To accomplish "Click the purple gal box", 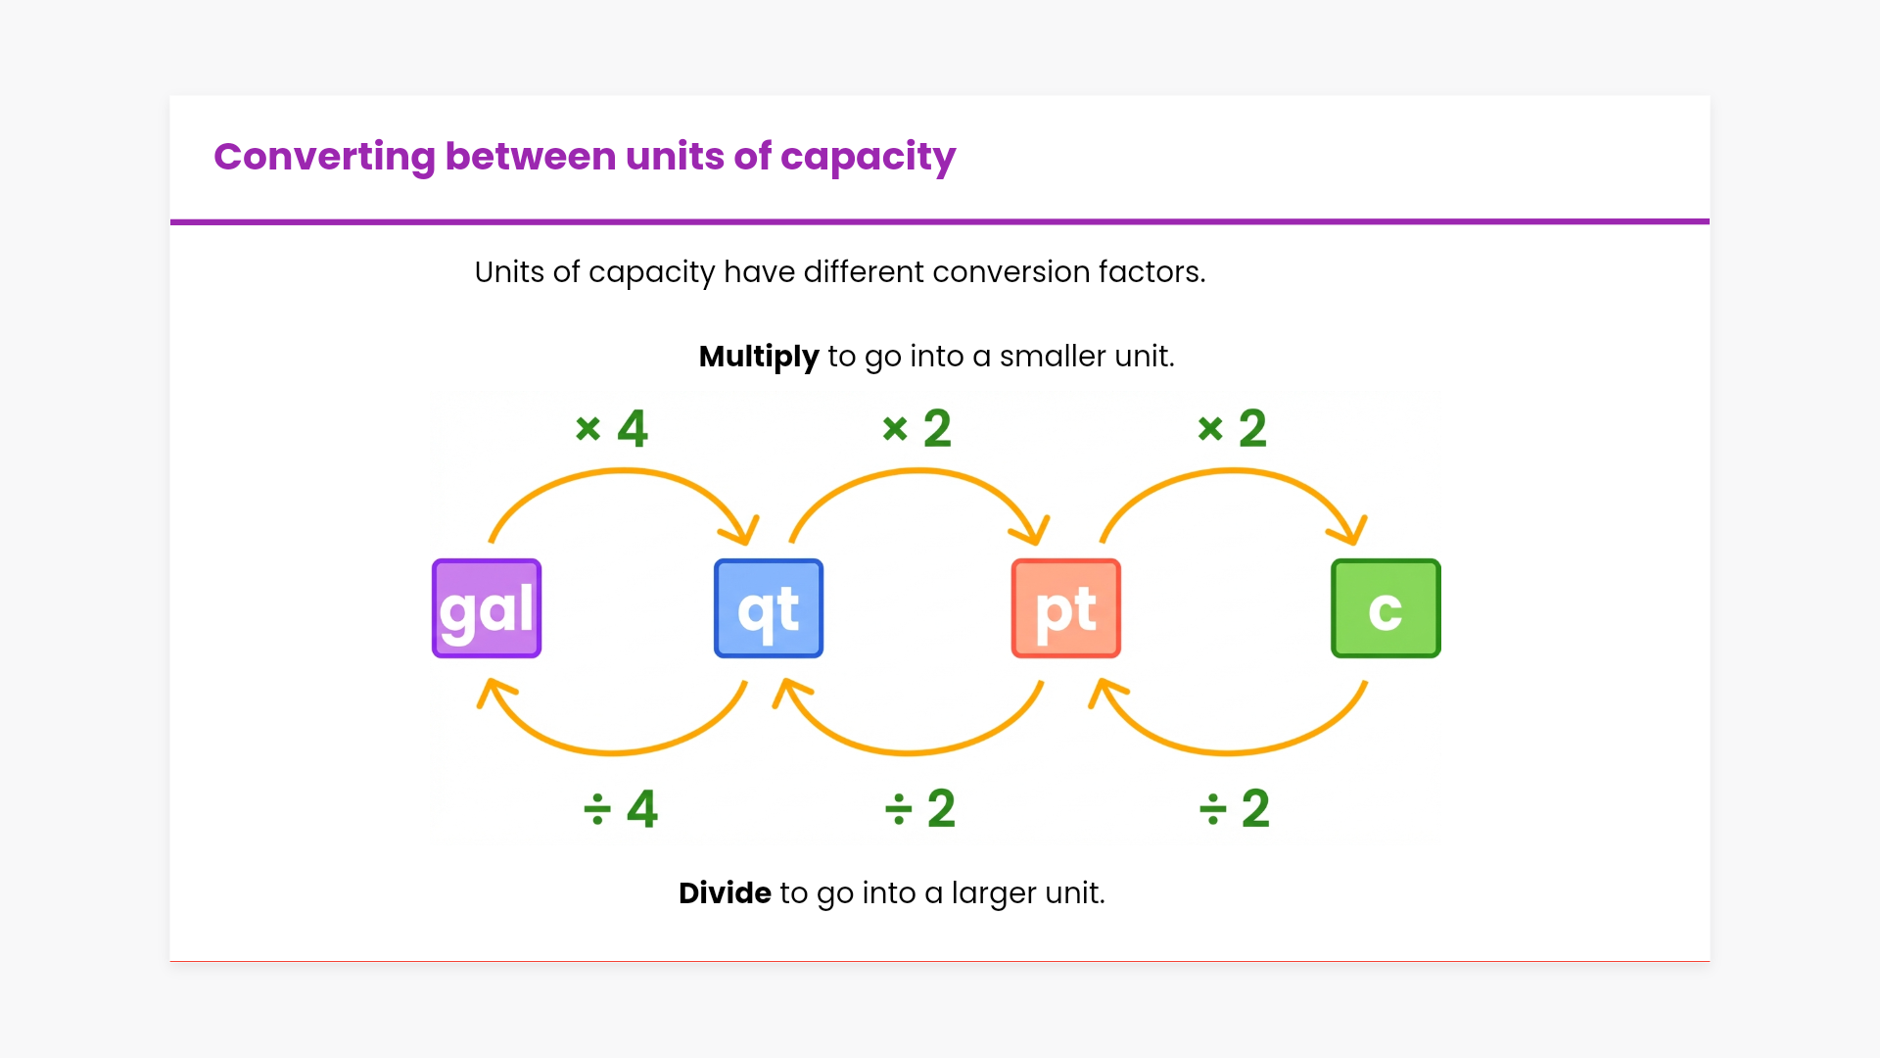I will pos(487,608).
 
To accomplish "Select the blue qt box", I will pos(769,608).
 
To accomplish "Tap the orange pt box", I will pos(1065,608).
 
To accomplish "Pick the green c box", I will pos(1386,608).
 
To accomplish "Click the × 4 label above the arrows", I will pos(612,428).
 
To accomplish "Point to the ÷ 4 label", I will pos(621,809).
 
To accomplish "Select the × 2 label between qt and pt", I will pos(917,428).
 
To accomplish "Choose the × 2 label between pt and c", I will pos(1233,428).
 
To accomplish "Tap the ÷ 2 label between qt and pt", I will pos(919,809).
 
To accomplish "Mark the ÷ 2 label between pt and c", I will pos(1235,809).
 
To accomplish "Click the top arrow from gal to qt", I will pos(623,472).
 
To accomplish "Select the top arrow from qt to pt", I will pos(918,472).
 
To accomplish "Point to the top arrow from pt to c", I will pos(1232,472).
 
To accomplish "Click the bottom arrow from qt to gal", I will pos(613,752).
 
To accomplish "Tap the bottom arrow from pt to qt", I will pos(909,752).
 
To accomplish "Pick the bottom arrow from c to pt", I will pos(1228,752).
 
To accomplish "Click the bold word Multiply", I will pos(759,357).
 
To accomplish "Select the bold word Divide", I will pos(725,893).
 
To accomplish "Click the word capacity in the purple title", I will pos(868,158).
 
